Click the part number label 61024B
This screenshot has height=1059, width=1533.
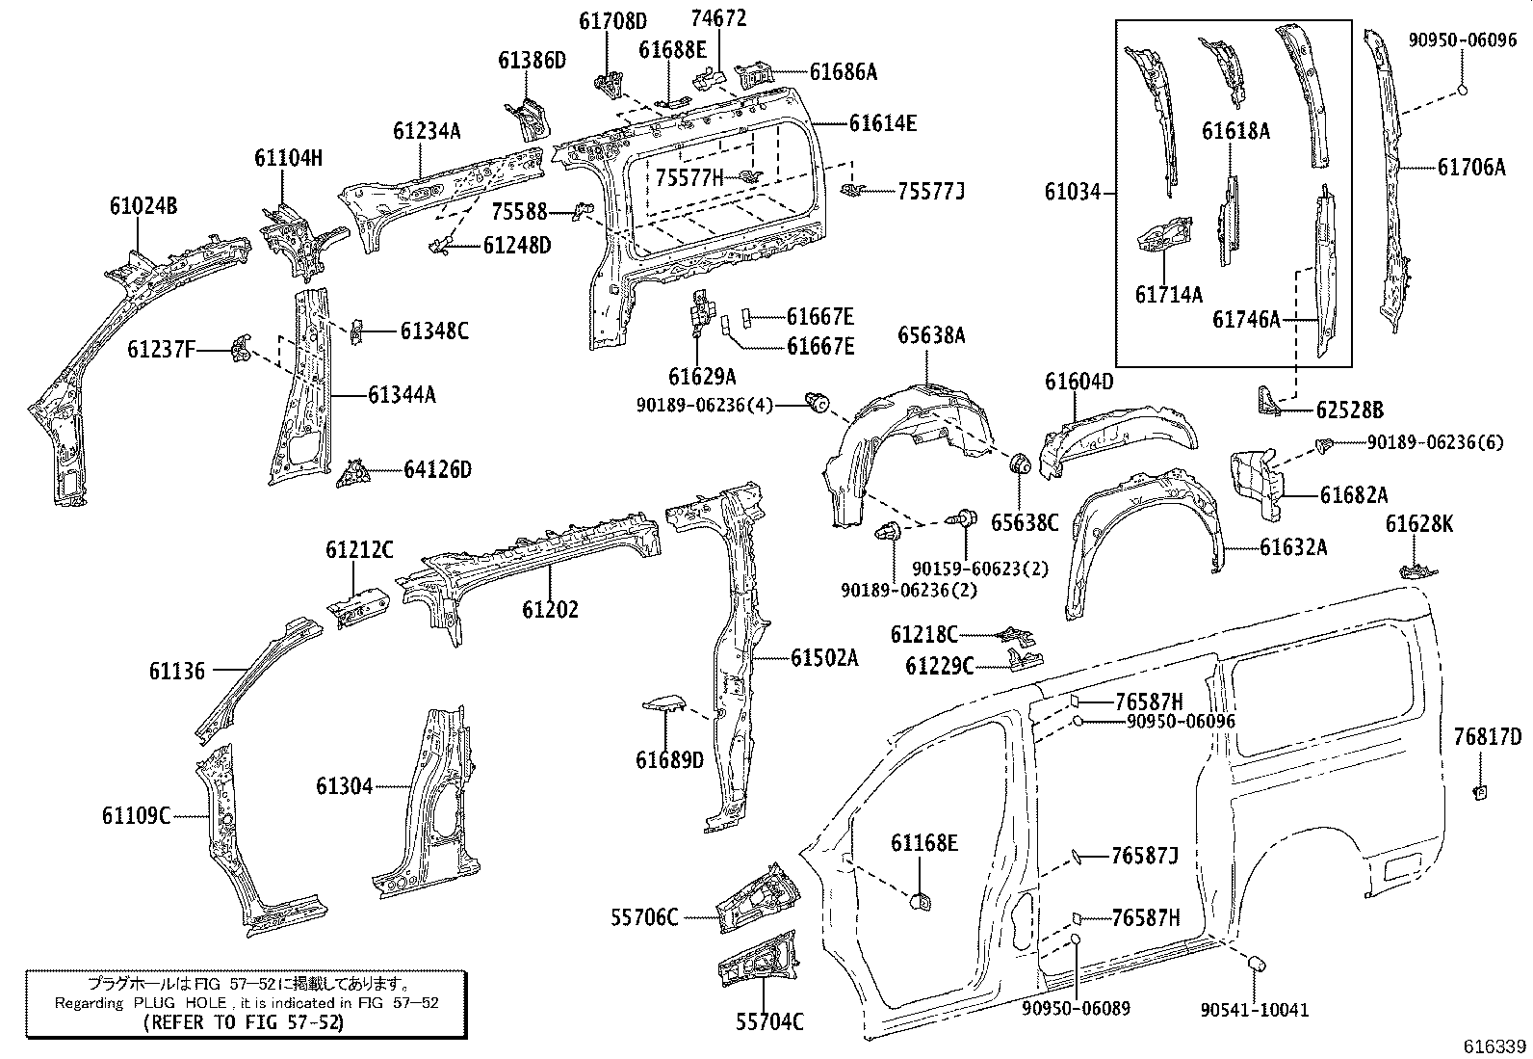143,205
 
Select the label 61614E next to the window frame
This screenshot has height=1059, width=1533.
882,122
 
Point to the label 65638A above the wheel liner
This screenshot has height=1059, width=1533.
931,335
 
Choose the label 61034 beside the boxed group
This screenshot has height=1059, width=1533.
1072,193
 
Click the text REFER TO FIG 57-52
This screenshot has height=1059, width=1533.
241,1023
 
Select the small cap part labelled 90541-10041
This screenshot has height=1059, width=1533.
1256,964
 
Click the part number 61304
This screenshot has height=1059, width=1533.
344,786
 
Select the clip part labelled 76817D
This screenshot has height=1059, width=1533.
1481,792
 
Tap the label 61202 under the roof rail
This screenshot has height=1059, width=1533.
551,609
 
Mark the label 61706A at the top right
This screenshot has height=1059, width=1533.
1471,167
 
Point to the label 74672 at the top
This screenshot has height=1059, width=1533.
718,18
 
